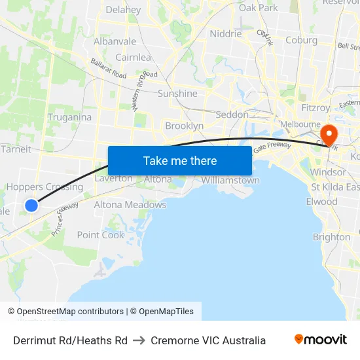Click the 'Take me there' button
[x=180, y=160]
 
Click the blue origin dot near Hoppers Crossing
[x=31, y=206]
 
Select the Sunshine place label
[x=177, y=94]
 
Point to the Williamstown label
[x=230, y=180]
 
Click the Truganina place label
[x=69, y=117]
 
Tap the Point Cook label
[x=100, y=235]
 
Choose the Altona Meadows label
[x=130, y=205]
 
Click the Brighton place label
[x=331, y=237]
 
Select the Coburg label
[x=301, y=40]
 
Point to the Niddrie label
[x=225, y=34]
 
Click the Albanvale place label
[x=115, y=41]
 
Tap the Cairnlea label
[x=133, y=58]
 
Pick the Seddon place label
[x=232, y=115]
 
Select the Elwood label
[x=321, y=202]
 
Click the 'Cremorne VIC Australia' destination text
[x=208, y=340]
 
